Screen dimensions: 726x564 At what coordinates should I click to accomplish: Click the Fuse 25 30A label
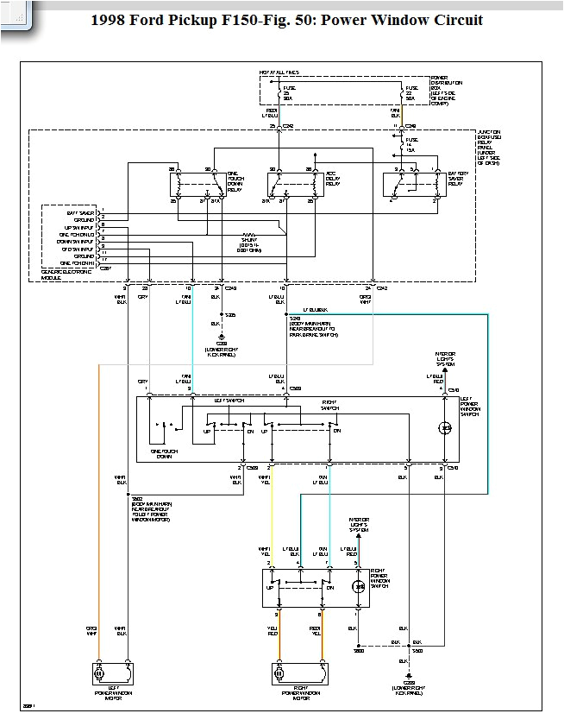coord(298,92)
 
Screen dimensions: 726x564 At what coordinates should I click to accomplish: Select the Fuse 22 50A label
coord(412,92)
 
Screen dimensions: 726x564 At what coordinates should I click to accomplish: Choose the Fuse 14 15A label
coord(412,144)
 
